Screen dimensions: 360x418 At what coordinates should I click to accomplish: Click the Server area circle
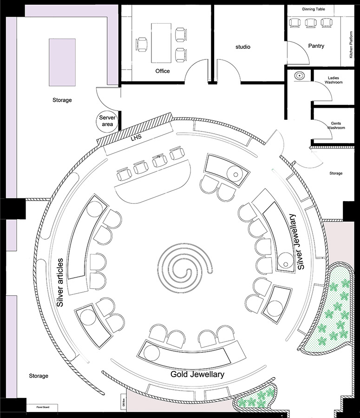[x=107, y=121]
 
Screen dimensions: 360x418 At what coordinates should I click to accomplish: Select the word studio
[x=242, y=47]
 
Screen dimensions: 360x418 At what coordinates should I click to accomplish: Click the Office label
[x=163, y=71]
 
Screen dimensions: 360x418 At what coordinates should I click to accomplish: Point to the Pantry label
[x=316, y=46]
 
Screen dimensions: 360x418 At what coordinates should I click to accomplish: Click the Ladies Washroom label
[x=334, y=80]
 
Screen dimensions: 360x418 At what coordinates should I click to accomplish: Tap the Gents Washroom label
[x=336, y=125]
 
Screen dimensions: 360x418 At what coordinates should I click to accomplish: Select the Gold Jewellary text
[x=197, y=374]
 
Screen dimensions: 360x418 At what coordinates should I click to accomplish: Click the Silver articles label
[x=60, y=282]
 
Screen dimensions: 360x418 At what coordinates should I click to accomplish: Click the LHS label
[x=136, y=137]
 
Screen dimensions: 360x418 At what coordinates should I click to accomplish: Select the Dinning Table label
[x=314, y=9]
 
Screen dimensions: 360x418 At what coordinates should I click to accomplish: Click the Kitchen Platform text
[x=351, y=45]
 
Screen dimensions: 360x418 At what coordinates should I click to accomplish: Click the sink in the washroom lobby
[x=300, y=75]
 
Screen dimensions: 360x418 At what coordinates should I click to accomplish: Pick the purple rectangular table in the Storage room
[x=62, y=62]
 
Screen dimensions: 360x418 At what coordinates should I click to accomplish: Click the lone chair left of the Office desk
[x=141, y=44]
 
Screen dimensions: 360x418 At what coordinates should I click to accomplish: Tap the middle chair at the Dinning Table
[x=311, y=23]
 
